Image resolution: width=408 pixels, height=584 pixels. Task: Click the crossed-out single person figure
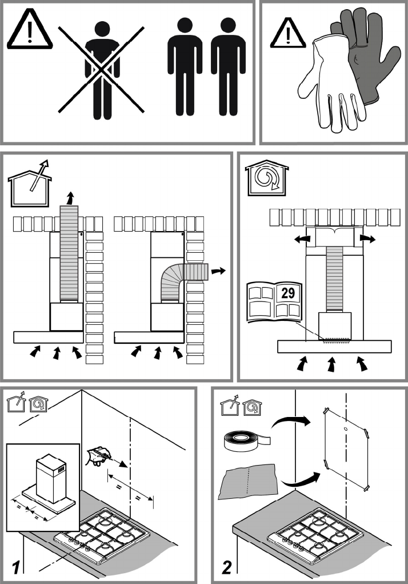(x=102, y=71)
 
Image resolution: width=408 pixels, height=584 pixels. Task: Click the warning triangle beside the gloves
(x=287, y=34)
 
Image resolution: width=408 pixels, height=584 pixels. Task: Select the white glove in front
(x=330, y=86)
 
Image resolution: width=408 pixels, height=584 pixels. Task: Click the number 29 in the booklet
(x=288, y=293)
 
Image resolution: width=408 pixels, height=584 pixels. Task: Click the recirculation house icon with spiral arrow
(x=267, y=178)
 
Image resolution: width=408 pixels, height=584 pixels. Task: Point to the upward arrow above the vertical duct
(x=70, y=198)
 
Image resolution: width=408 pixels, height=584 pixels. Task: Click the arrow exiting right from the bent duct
(x=218, y=271)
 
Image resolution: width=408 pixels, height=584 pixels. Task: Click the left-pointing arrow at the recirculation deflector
(x=302, y=239)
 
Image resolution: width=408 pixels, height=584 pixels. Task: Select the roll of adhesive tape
(x=246, y=442)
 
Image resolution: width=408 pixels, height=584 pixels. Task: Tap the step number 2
(x=227, y=567)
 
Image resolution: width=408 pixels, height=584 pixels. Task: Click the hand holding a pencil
(x=98, y=456)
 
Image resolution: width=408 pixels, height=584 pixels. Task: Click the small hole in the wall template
(x=346, y=429)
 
